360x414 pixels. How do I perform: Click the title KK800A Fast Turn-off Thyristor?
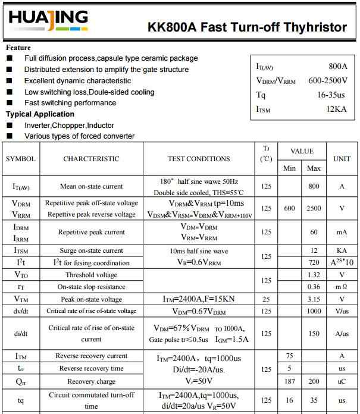pyautogui.click(x=247, y=27)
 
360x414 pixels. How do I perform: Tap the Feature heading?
pyautogui.click(x=18, y=48)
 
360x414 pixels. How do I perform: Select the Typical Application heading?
pyautogui.click(x=40, y=114)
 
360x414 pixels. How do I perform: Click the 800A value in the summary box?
pyautogui.click(x=337, y=67)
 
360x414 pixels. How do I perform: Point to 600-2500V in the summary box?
pyautogui.click(x=327, y=81)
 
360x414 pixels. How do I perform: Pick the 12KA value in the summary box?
pyautogui.click(x=336, y=109)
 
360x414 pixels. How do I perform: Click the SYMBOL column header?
pyautogui.click(x=21, y=159)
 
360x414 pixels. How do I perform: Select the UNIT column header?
pyautogui.click(x=342, y=159)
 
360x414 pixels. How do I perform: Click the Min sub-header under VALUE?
pyautogui.click(x=290, y=168)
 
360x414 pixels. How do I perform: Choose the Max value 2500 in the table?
pyautogui.click(x=314, y=208)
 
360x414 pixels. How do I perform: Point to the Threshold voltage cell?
pyautogui.click(x=91, y=275)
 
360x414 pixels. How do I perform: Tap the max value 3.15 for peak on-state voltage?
pyautogui.click(x=314, y=299)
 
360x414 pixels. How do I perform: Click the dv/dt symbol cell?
pyautogui.click(x=21, y=311)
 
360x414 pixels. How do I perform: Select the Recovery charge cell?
pyautogui.click(x=91, y=381)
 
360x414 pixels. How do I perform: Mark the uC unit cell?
pyautogui.click(x=342, y=381)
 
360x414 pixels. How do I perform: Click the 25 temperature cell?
pyautogui.click(x=266, y=299)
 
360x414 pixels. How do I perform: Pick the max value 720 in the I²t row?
pyautogui.click(x=314, y=263)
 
